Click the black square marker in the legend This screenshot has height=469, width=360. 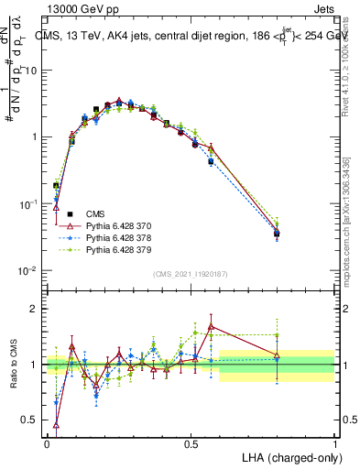click(x=70, y=212)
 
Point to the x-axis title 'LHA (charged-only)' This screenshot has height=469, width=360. click(x=290, y=456)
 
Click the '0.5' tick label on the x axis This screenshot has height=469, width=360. click(x=191, y=443)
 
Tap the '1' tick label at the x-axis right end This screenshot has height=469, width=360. click(x=334, y=443)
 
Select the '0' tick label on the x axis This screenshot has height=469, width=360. click(x=47, y=443)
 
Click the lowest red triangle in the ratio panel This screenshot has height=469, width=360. click(x=57, y=424)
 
